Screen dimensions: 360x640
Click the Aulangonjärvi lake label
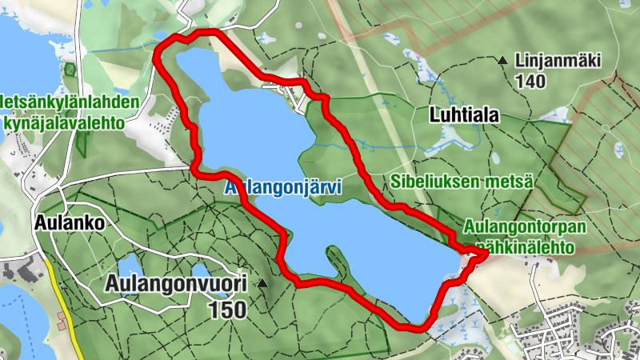click(283, 188)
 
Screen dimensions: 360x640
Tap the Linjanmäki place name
click(558, 61)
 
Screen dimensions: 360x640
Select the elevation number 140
click(530, 81)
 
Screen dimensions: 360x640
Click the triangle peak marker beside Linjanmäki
click(502, 60)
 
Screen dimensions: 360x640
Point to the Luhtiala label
click(464, 115)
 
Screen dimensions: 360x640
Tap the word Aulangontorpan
click(525, 228)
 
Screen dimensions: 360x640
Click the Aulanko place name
click(70, 223)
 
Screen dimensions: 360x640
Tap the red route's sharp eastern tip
click(486, 254)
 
